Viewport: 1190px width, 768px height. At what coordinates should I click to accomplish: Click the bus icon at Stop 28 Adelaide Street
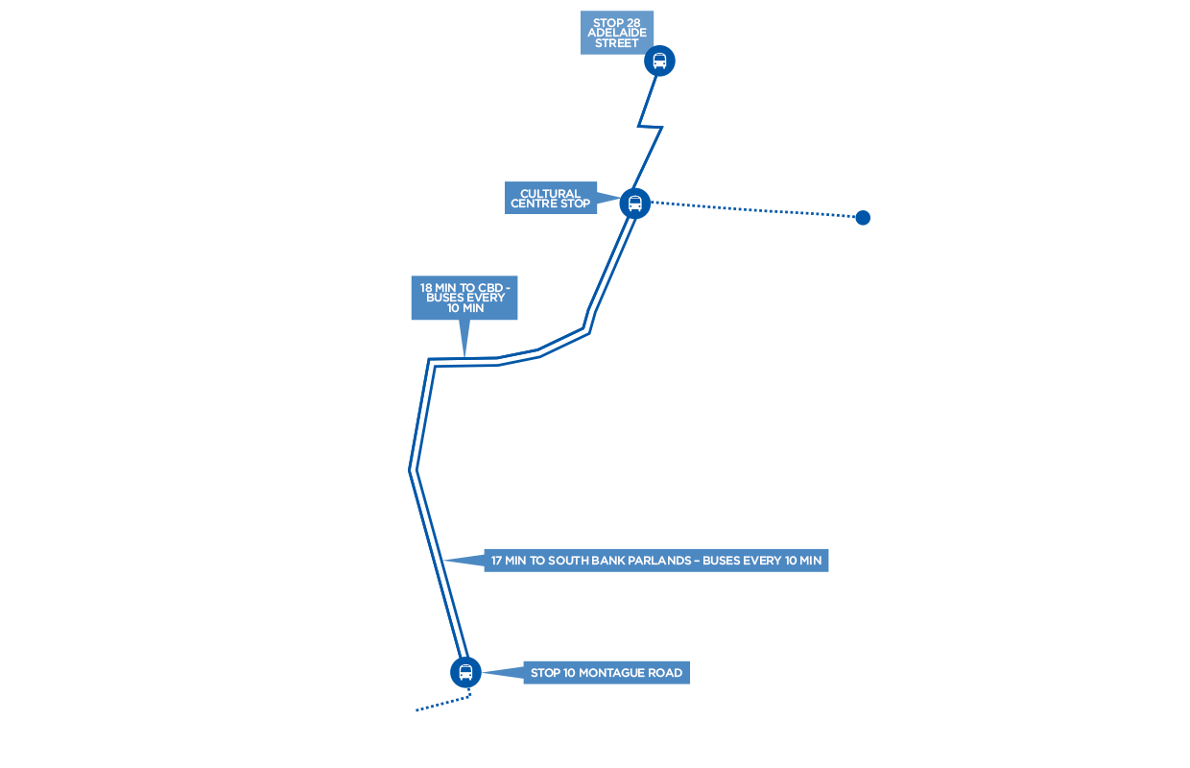[x=659, y=60]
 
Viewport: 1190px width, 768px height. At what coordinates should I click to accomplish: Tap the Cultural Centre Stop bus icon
[x=635, y=203]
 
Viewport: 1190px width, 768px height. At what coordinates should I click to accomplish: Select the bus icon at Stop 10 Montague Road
[x=465, y=672]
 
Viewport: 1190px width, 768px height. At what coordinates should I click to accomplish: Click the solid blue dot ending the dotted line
[x=863, y=217]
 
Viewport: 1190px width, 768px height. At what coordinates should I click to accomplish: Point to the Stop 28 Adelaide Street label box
[x=617, y=33]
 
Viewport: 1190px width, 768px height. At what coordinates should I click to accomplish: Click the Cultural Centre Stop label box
[x=551, y=199]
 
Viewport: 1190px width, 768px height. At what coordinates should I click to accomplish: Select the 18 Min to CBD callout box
[x=464, y=298]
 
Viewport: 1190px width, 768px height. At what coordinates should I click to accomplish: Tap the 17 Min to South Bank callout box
[x=656, y=561]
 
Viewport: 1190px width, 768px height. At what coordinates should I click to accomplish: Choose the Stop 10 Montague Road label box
[x=607, y=673]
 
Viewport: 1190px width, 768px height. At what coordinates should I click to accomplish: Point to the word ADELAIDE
[x=617, y=33]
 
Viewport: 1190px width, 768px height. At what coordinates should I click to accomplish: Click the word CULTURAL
[x=551, y=194]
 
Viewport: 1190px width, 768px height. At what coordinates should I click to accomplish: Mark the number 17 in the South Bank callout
[x=496, y=561]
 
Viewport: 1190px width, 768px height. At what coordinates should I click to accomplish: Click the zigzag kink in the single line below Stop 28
[x=650, y=127]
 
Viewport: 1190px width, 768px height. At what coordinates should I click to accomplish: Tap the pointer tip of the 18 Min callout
[x=464, y=356]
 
